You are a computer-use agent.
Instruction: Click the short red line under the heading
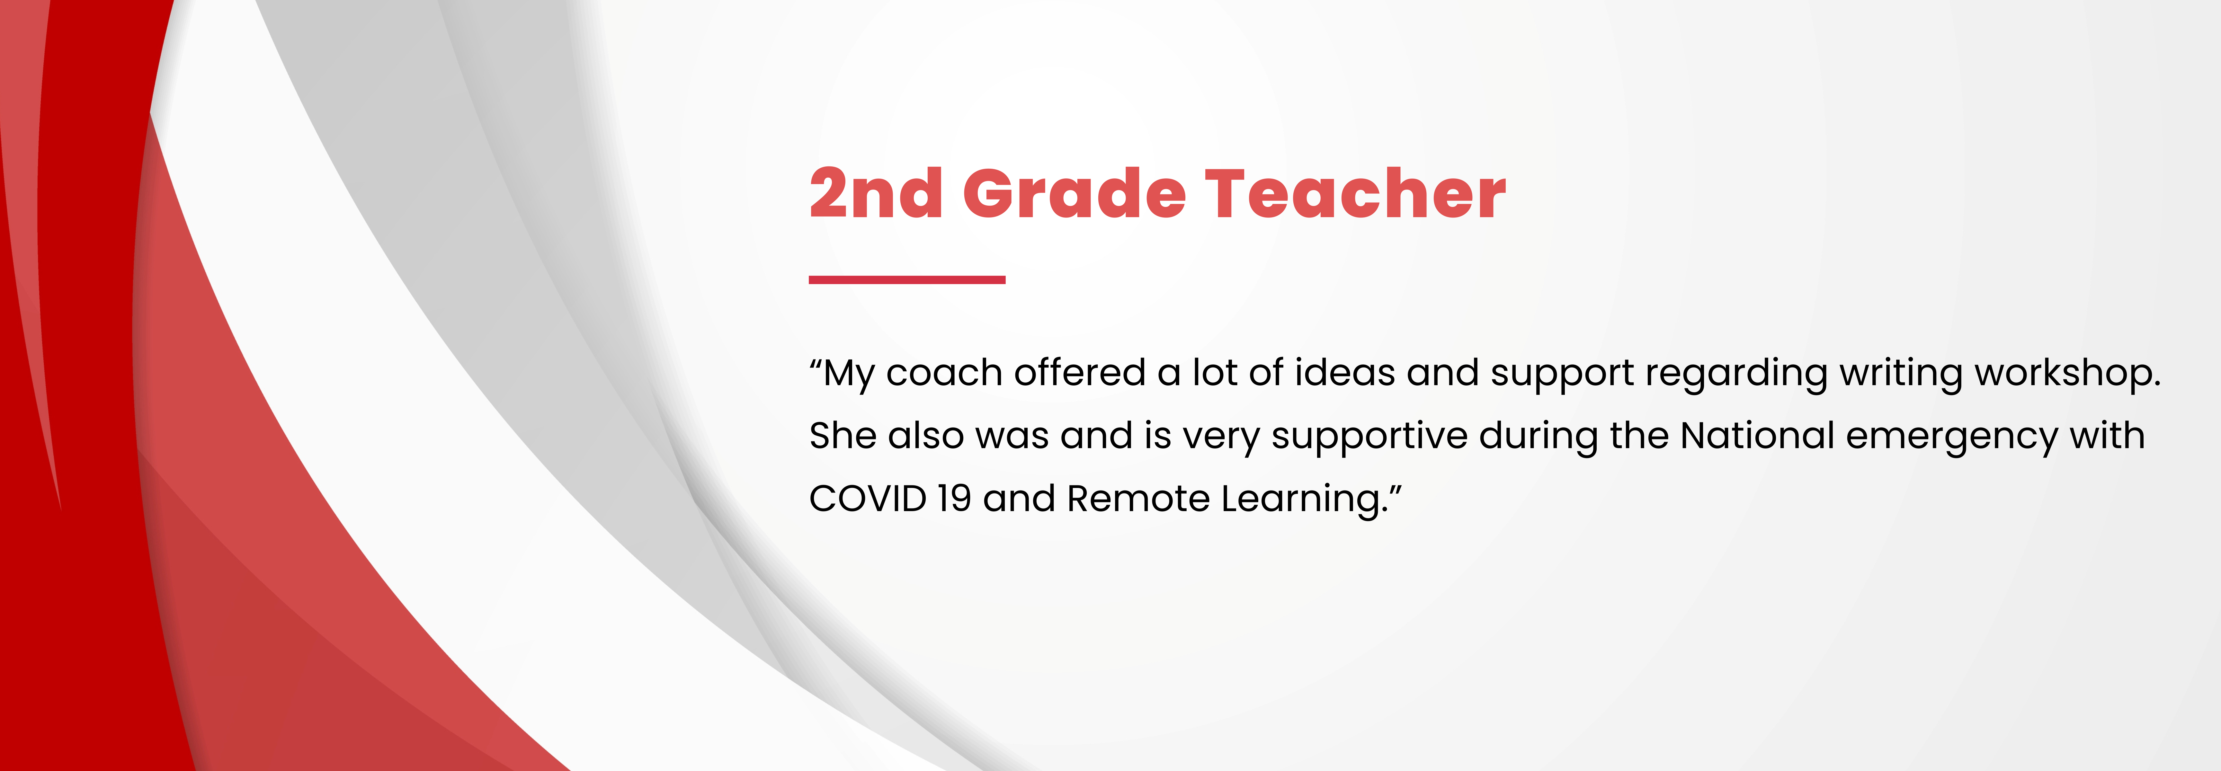tap(907, 279)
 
